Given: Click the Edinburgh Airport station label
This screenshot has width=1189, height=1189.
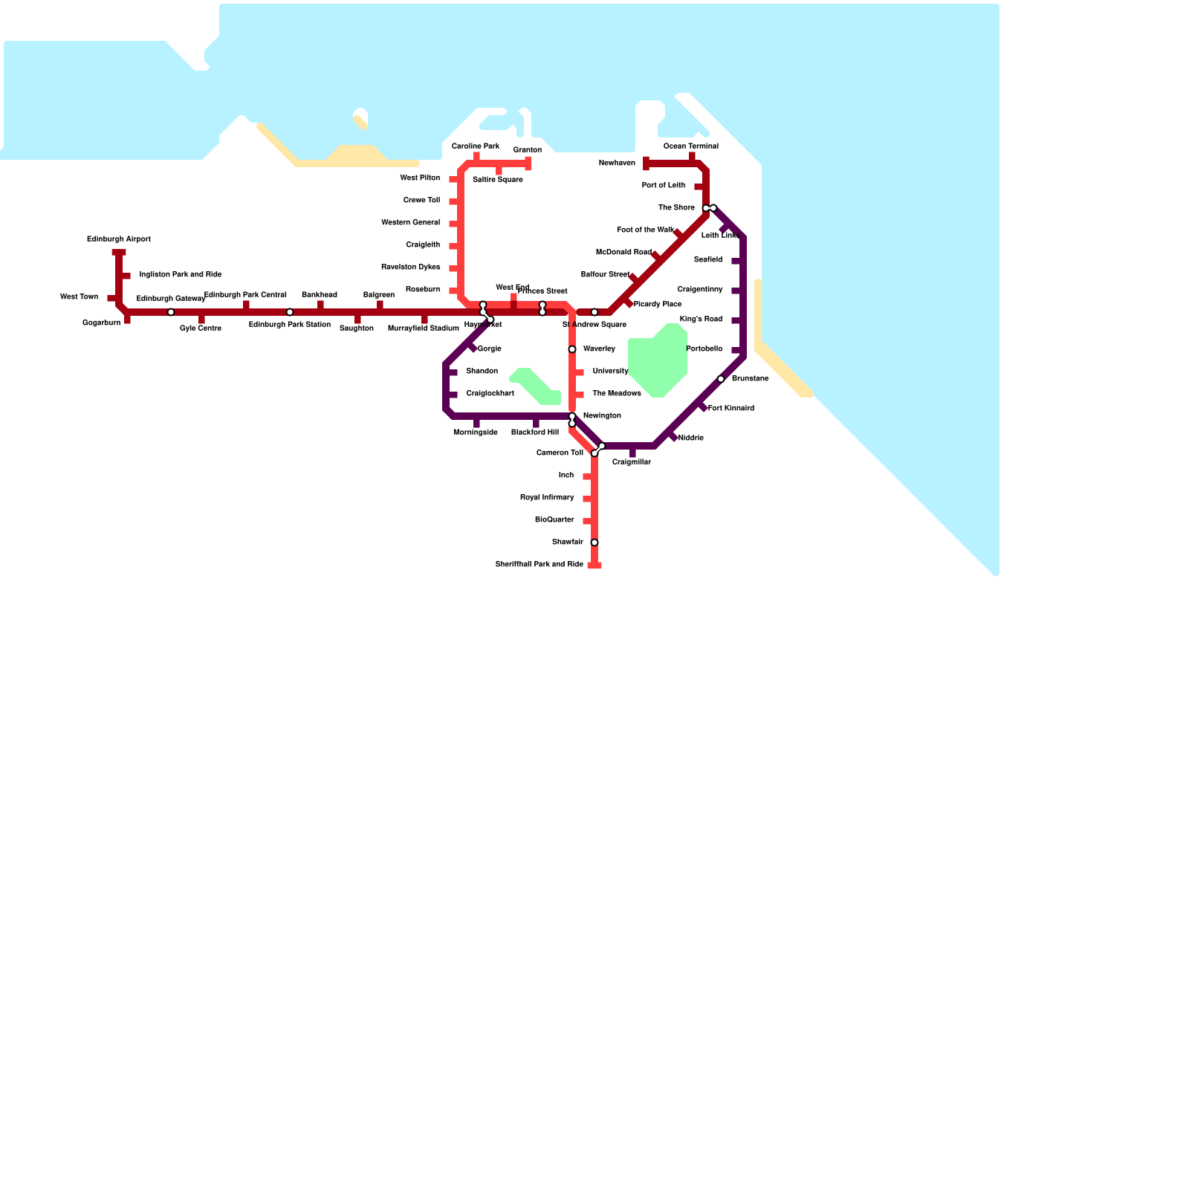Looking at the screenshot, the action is [x=119, y=239].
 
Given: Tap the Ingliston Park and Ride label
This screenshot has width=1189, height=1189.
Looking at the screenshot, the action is [x=181, y=275].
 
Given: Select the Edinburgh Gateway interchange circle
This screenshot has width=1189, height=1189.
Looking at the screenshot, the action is [x=171, y=312].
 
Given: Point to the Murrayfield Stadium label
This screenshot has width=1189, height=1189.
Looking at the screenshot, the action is [x=424, y=328].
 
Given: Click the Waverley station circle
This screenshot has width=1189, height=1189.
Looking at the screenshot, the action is [x=572, y=349].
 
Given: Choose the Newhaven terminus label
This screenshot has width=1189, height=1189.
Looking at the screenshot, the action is [x=617, y=163].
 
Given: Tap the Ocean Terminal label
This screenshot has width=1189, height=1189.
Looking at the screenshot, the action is [x=691, y=146].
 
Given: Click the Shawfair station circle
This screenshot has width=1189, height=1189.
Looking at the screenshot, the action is [x=594, y=542].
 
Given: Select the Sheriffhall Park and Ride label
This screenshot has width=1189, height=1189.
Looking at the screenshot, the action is [x=540, y=565].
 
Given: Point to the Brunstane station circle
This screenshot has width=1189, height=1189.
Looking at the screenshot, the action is [x=721, y=379].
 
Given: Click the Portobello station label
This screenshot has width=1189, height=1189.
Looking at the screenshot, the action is [x=704, y=349].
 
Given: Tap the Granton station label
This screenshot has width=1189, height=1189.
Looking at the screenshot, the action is [x=528, y=150].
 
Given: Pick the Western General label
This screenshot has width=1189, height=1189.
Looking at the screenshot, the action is [x=410, y=223].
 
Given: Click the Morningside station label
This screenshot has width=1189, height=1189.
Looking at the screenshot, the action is [x=476, y=432].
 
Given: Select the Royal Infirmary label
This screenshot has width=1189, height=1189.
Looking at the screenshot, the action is [x=547, y=498].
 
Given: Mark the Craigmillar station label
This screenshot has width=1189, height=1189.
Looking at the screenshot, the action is [x=632, y=462].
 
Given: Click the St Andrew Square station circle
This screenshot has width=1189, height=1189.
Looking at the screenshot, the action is [x=594, y=312].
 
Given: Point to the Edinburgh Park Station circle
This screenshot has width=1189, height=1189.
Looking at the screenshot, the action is [x=290, y=312].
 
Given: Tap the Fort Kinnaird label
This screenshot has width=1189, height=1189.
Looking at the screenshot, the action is [x=731, y=409].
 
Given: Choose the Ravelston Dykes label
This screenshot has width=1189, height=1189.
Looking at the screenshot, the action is [x=410, y=268].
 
